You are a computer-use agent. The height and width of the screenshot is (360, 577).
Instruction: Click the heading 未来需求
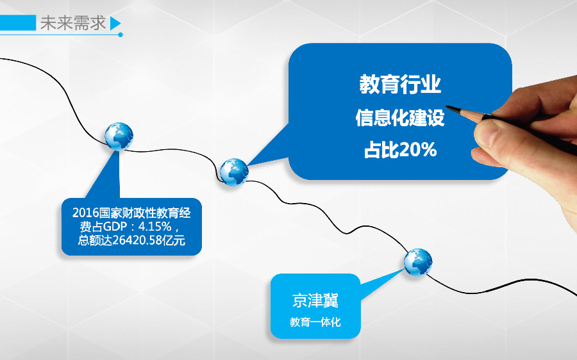tap(72, 23)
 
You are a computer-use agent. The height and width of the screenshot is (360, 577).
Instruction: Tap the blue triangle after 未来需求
tap(115, 24)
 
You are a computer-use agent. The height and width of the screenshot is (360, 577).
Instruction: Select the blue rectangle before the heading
tap(18, 23)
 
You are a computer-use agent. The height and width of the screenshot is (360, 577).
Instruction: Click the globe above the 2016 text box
tap(119, 136)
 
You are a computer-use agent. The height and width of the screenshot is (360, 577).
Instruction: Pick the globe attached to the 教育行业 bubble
tap(233, 171)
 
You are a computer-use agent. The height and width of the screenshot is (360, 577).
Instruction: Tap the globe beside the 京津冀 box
tap(417, 263)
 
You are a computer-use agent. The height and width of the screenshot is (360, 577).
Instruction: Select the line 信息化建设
tap(399, 118)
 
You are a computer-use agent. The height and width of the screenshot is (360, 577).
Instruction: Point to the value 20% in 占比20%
tap(418, 151)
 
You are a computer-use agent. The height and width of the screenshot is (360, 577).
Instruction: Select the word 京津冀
tap(315, 300)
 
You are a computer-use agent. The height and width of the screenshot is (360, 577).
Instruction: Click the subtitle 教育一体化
tap(315, 322)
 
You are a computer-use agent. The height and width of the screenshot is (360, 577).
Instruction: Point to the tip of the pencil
tap(447, 106)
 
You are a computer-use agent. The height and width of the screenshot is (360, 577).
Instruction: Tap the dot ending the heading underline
tap(121, 35)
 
